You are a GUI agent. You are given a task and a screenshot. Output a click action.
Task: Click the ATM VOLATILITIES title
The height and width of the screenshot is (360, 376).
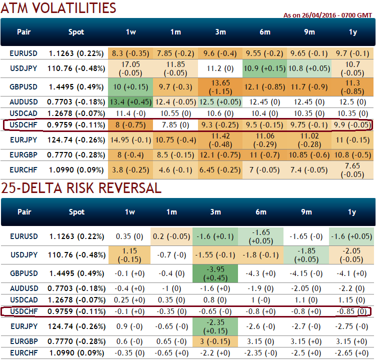(x=58, y=8)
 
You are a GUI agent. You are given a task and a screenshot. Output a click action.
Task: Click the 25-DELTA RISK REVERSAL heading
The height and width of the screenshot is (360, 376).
(x=81, y=188)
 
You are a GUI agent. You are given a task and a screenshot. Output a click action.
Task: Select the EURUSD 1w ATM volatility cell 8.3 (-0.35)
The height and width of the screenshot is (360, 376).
(x=130, y=53)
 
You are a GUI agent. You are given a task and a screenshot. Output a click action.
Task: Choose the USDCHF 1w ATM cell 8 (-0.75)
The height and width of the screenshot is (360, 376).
(x=130, y=124)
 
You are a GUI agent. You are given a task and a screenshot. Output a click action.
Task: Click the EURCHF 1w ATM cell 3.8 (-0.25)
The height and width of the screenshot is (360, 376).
(x=130, y=170)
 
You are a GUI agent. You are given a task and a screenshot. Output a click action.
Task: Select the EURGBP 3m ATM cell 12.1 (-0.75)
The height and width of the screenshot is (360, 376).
(x=220, y=155)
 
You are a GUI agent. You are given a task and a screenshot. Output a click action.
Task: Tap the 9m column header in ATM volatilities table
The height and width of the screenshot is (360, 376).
(x=309, y=32)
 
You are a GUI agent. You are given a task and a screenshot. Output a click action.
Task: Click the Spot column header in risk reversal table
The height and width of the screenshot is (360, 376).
(x=76, y=212)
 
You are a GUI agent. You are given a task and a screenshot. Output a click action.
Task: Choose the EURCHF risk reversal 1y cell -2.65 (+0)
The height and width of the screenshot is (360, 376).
(x=352, y=353)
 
